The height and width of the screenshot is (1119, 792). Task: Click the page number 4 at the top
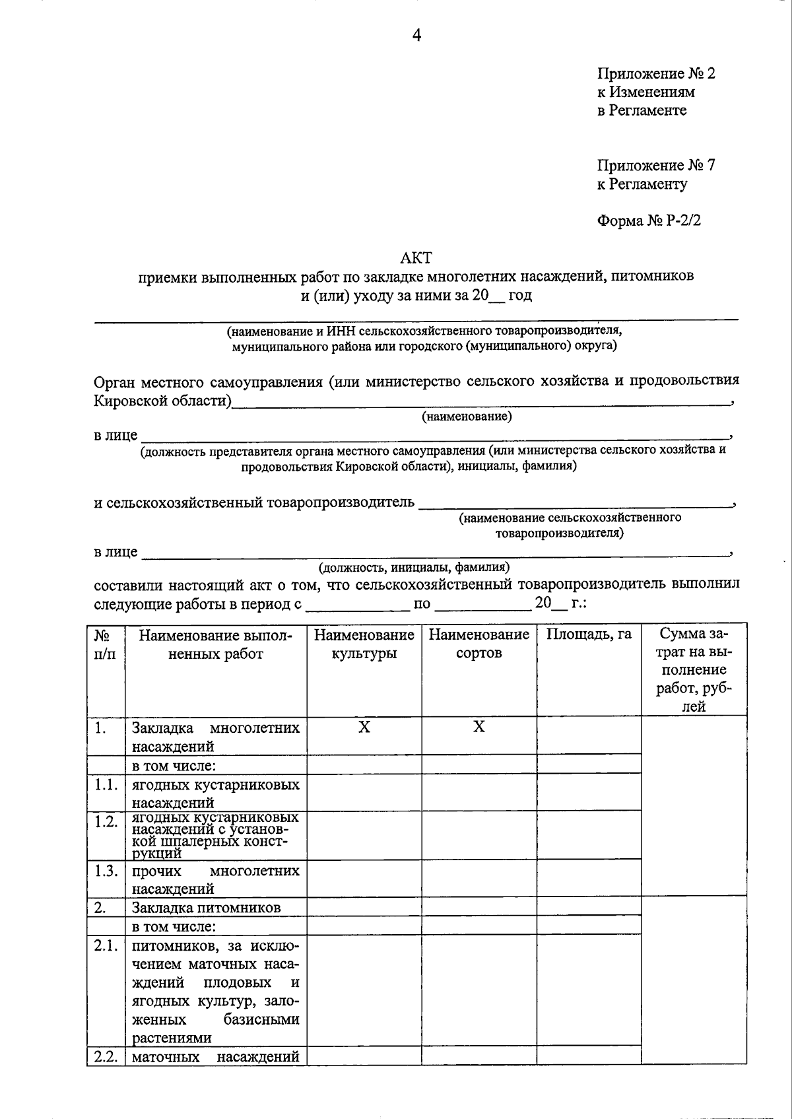click(x=416, y=36)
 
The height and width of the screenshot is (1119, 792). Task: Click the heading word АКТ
click(x=416, y=257)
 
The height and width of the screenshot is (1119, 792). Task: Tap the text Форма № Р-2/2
click(x=649, y=220)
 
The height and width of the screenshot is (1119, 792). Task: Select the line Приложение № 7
click(x=655, y=165)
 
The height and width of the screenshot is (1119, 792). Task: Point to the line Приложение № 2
click(x=655, y=73)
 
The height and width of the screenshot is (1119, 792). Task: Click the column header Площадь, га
click(x=589, y=634)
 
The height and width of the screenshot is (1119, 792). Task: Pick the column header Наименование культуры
click(x=364, y=644)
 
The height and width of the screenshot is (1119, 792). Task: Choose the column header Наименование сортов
click(x=479, y=644)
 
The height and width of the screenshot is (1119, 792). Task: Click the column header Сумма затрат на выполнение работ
click(x=694, y=670)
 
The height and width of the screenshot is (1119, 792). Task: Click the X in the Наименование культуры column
click(x=364, y=727)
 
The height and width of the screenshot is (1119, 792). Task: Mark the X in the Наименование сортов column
click(x=479, y=727)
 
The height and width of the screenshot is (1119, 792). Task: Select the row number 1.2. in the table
click(x=106, y=822)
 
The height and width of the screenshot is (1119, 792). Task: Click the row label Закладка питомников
click(x=206, y=907)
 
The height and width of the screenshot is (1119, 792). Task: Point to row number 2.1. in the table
click(x=106, y=946)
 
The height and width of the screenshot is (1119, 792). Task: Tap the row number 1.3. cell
click(x=106, y=870)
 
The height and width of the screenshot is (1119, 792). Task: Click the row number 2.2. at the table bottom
click(x=106, y=1057)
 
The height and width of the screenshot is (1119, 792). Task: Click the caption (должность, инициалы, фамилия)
click(x=414, y=567)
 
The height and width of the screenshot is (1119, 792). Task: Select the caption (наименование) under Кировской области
click(x=467, y=417)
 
